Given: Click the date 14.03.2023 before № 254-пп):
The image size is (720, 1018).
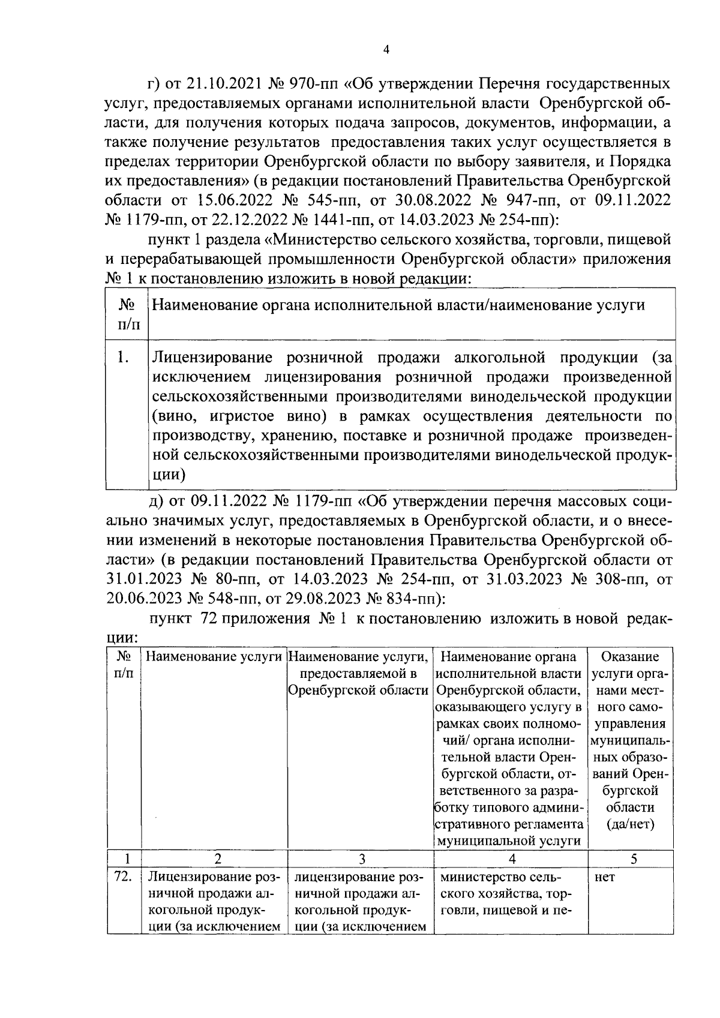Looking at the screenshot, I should [425, 220].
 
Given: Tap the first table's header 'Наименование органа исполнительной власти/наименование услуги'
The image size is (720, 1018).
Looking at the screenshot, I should [398, 305].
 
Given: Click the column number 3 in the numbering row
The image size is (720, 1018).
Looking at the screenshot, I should [362, 859].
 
